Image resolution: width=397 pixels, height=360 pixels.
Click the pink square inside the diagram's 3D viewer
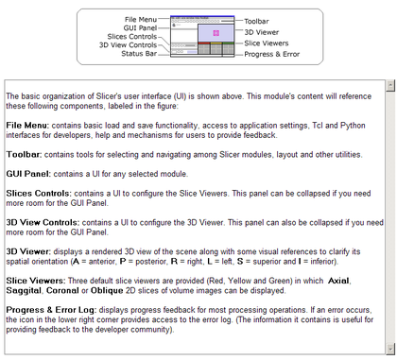pos(216,33)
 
